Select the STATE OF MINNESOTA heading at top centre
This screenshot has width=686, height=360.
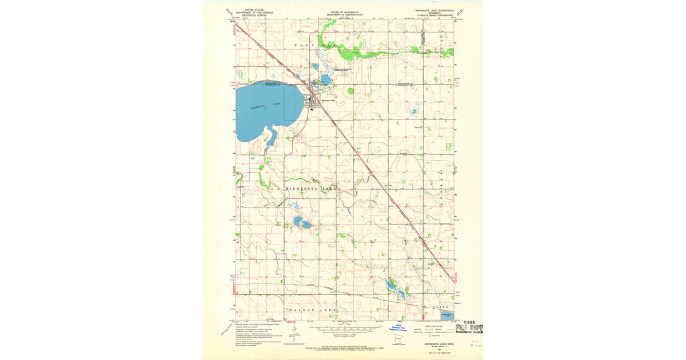click(x=343, y=10)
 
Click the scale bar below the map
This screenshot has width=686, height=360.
click(x=343, y=330)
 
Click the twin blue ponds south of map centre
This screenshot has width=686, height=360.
click(x=301, y=222)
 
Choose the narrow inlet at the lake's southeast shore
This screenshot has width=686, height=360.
click(x=272, y=137)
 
